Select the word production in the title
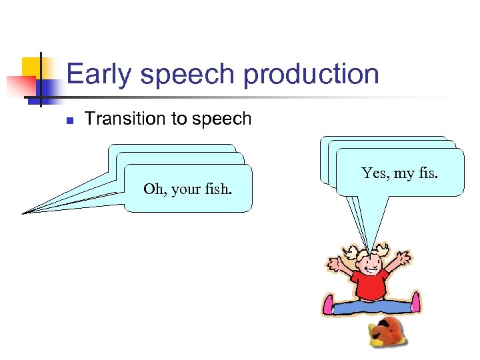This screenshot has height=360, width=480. tap(311, 73)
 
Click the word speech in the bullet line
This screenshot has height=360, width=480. tap(220, 119)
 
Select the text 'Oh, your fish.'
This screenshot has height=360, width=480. tap(188, 189)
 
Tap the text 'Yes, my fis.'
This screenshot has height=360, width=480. tap(399, 173)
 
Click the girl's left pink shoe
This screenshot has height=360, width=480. tap(328, 305)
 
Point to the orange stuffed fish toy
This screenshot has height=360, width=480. tap(387, 331)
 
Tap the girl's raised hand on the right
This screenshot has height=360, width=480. tap(403, 256)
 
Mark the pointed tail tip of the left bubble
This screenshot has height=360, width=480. tap(24, 213)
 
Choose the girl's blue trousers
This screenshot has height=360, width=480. tap(371, 307)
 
